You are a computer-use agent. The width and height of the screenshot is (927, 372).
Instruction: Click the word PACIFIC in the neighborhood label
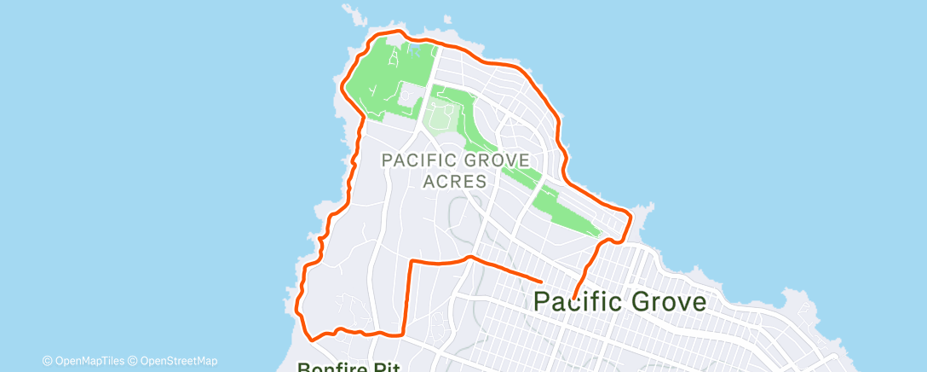[422, 160]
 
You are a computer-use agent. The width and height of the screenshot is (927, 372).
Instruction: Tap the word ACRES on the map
[455, 181]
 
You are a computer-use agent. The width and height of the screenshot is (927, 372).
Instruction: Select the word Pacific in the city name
[580, 301]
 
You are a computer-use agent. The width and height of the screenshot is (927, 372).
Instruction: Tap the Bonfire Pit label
[342, 368]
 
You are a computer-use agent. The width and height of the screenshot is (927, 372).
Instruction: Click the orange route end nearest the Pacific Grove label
[574, 299]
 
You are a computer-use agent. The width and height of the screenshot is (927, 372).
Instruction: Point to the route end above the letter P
[543, 279]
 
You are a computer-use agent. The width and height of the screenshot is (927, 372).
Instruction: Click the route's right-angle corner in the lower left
[412, 260]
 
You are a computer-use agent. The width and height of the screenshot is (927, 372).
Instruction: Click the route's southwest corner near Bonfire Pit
[310, 339]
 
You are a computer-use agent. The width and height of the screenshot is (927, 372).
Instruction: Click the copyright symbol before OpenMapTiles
[47, 361]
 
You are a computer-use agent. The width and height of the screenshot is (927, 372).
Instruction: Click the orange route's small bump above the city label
[468, 255]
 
